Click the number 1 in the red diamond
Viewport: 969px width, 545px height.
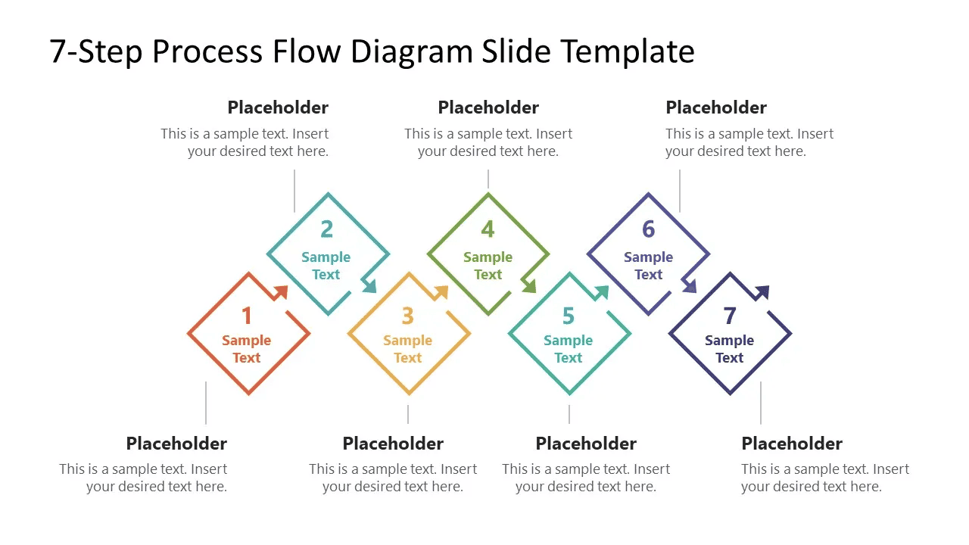coord(247,316)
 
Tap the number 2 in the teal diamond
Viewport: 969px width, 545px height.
coord(327,229)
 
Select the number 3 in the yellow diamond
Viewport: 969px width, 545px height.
coord(407,316)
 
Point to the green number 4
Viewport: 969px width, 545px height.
coord(488,229)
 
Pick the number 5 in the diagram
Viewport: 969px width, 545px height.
coord(569,316)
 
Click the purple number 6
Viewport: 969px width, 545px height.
coord(649,229)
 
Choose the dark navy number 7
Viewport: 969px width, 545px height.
coord(730,316)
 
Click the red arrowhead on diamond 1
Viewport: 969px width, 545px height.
coord(281,292)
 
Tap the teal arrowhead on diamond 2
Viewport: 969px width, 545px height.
coord(369,286)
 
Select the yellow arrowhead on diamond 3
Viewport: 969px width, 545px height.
coord(441,292)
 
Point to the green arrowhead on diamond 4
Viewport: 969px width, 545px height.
coord(529,286)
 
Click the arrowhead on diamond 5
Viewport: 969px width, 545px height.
coord(602,292)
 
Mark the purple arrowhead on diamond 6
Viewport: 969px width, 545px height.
coord(690,286)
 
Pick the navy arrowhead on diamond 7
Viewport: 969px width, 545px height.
coord(762,292)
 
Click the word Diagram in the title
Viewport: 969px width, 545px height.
coord(411,52)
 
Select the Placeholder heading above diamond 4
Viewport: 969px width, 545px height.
coord(488,107)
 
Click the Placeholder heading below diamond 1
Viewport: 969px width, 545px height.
coord(176,444)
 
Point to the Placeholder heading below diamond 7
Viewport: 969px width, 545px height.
coord(792,444)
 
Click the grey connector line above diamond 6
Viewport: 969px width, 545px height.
coord(680,191)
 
